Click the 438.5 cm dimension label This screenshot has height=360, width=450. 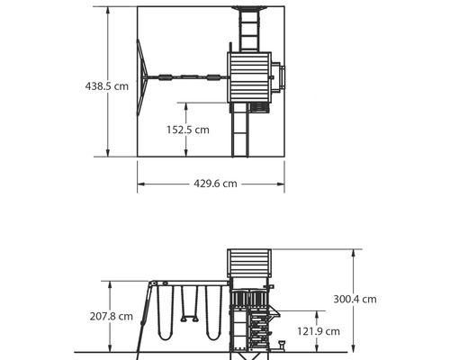tap(107, 86)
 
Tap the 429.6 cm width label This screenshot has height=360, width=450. tap(215, 184)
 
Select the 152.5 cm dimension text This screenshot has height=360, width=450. tap(188, 130)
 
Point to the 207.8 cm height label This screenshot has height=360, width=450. tap(112, 316)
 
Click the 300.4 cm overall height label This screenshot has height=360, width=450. tap(355, 299)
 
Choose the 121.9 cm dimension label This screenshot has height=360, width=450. tap(319, 331)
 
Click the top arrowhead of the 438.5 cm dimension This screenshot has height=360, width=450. tap(108, 11)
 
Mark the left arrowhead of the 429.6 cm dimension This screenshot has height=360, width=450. tap(141, 184)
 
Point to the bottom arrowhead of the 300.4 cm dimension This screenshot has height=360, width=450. tap(354, 348)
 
